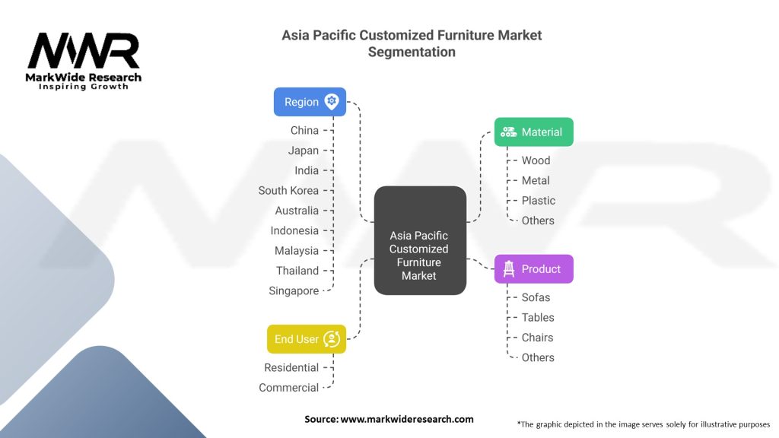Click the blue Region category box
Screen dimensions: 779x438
coord(310,102)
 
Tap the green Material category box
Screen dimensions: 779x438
coord(533,132)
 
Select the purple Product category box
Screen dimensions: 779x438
coord(533,268)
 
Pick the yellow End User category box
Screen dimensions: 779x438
coord(307,338)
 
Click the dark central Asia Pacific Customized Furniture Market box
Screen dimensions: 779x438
coord(420,240)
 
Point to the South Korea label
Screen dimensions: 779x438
coord(288,190)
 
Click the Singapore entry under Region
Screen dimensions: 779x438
coord(294,290)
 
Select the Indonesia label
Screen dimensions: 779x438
coord(294,230)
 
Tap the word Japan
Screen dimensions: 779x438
coord(304,150)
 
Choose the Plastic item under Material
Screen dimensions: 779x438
coord(538,200)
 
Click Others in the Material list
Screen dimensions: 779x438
coord(538,220)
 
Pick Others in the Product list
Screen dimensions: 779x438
coord(538,357)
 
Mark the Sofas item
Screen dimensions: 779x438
coord(536,297)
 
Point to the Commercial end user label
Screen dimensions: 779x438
coord(288,387)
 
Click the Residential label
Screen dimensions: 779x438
coord(291,367)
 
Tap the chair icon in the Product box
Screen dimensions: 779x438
coord(509,268)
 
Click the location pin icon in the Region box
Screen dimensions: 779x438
coord(332,102)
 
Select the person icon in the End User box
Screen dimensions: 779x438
coord(332,339)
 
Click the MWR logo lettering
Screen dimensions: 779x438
coord(84,51)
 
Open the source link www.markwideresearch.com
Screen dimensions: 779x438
coord(407,419)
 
